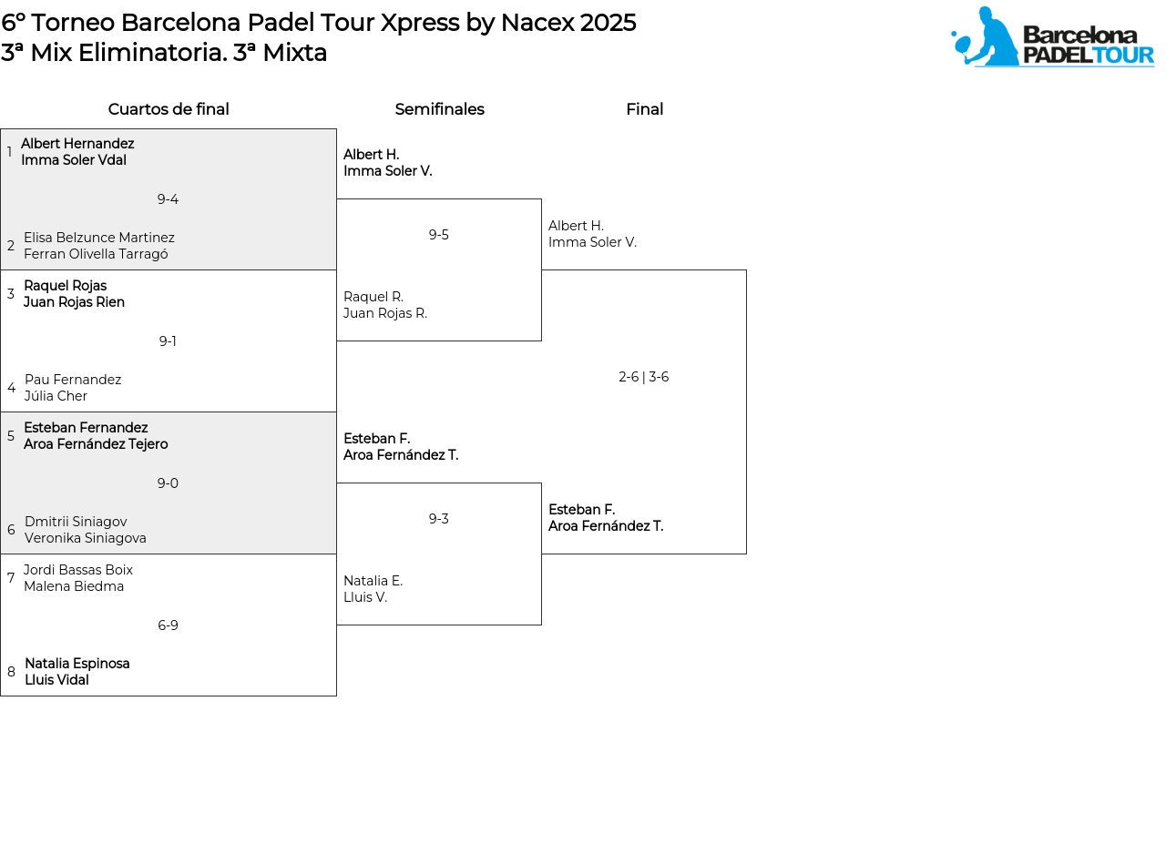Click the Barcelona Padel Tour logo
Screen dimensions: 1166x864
[1052, 36]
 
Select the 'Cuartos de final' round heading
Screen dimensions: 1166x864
[169, 109]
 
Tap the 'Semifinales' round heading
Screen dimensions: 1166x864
[439, 109]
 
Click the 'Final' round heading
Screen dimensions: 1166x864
[645, 109]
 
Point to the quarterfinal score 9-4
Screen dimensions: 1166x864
[168, 199]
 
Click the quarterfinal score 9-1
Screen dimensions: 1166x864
[168, 341]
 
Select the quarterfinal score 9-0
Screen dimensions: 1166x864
[168, 483]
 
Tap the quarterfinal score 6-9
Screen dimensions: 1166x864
[168, 625]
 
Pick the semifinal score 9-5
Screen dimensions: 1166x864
[438, 234]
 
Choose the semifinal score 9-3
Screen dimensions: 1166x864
[438, 519]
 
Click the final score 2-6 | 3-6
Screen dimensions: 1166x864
[643, 377]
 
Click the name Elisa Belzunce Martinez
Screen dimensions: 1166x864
[99, 238]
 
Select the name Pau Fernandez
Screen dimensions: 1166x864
[73, 380]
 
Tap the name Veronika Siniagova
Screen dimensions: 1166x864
[85, 538]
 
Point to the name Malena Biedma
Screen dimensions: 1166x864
[74, 586]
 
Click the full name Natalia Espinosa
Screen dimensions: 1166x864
[77, 663]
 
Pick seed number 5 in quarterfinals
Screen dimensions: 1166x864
[11, 436]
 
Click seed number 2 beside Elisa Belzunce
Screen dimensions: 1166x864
[11, 246]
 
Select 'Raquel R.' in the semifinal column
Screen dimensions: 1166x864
[373, 297]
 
